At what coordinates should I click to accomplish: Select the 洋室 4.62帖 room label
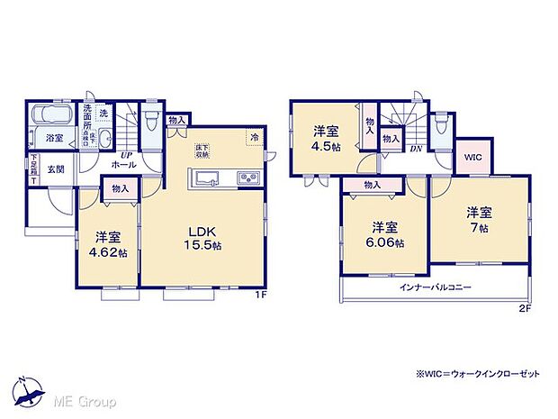[x=107, y=244]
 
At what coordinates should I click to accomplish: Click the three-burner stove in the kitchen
[x=247, y=178]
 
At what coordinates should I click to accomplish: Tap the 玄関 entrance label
[x=56, y=169]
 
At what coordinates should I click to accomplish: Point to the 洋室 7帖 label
[x=478, y=220]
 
